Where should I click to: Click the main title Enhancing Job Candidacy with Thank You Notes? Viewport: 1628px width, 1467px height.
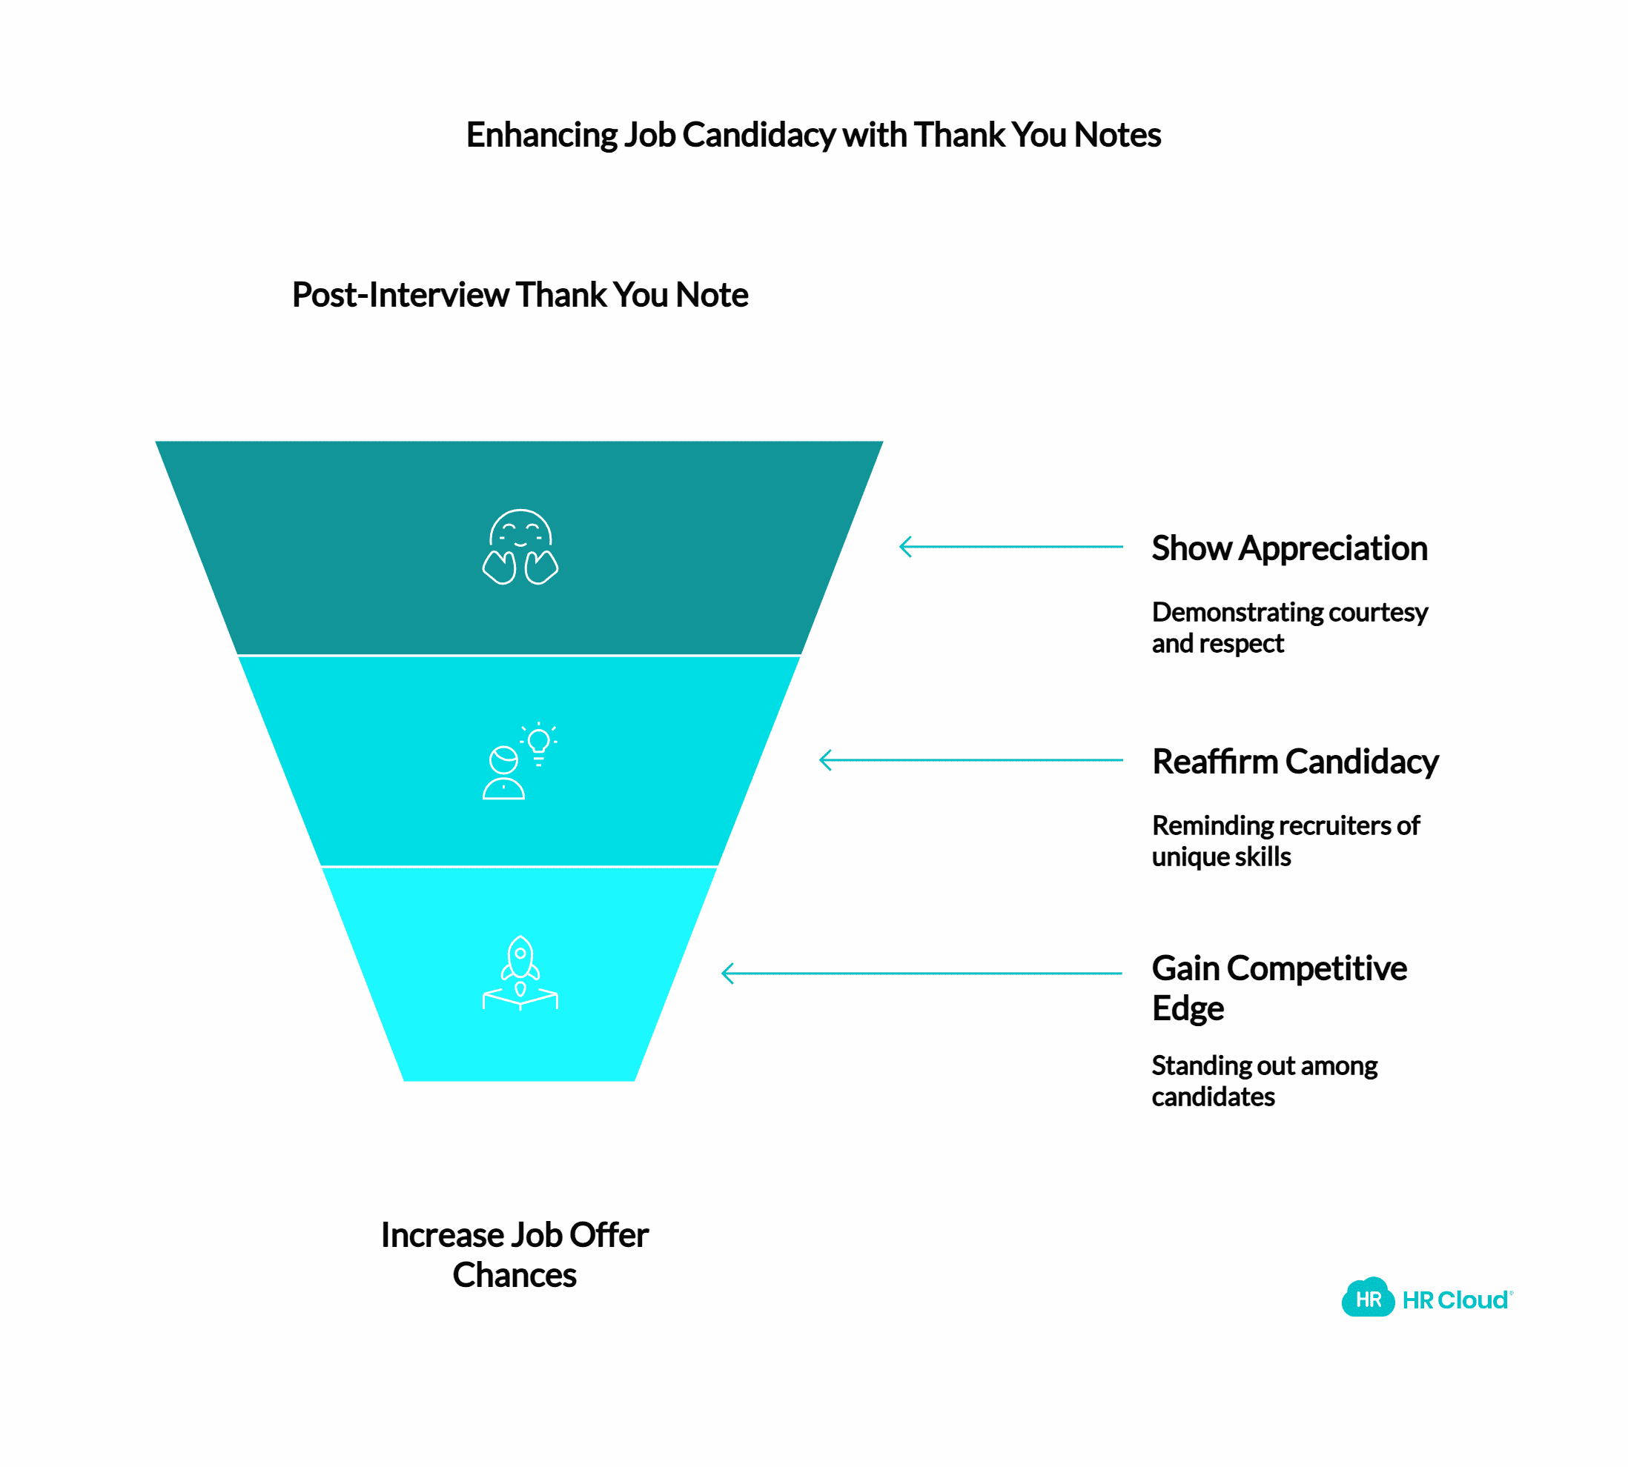pos(813,135)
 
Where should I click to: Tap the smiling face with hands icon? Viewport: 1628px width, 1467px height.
pos(520,547)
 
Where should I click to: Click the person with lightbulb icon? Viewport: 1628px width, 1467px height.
pos(516,762)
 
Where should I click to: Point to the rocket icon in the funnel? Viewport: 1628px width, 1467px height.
pos(520,973)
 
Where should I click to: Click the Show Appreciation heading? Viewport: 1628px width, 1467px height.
pos(1288,548)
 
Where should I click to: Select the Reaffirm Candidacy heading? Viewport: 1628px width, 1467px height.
pos(1294,761)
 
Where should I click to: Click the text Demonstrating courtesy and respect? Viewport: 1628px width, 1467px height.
pos(1288,627)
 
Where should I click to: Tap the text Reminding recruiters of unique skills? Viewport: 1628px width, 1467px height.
pos(1285,840)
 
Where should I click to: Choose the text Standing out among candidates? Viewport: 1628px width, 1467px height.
pos(1263,1080)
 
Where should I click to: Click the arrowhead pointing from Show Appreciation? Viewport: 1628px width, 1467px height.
pos(904,547)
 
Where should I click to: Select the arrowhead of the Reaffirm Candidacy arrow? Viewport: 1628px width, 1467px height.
pos(825,760)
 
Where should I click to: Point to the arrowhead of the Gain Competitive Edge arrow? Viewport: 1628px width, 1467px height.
pos(727,973)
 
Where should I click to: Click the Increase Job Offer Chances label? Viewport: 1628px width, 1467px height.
pos(514,1254)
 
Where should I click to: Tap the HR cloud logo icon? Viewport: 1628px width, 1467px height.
pos(1368,1299)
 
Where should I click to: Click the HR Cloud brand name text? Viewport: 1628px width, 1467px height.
pos(1455,1300)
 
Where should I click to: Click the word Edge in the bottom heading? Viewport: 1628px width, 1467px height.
pos(1187,1008)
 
